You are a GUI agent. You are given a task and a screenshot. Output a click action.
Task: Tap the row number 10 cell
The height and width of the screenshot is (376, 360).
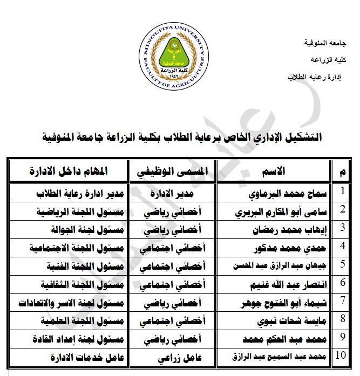(341, 356)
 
